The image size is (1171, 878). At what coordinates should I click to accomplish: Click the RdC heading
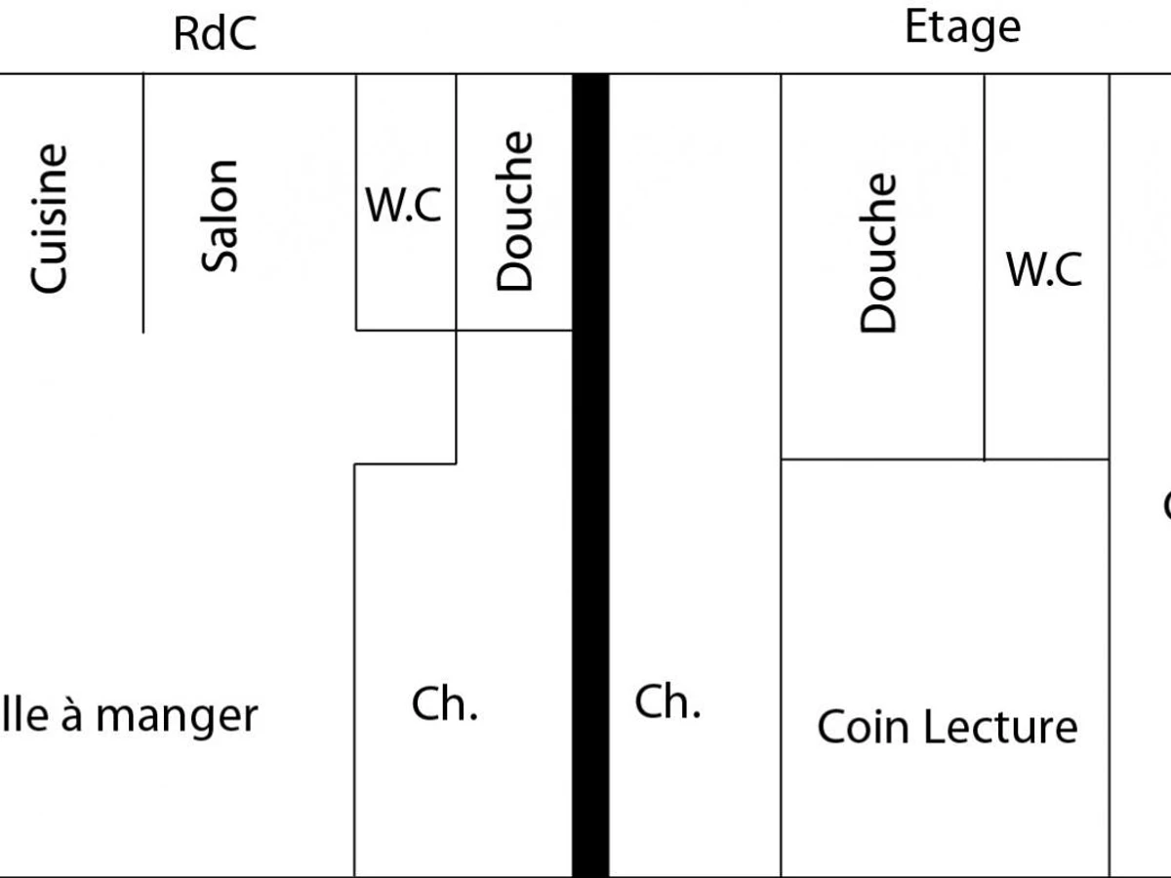(x=215, y=34)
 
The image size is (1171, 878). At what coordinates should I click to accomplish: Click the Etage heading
(x=962, y=28)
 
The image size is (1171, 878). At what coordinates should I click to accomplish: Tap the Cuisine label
(x=49, y=219)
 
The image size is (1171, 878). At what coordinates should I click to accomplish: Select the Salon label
(x=220, y=216)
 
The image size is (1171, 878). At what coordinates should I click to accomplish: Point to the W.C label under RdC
(x=403, y=206)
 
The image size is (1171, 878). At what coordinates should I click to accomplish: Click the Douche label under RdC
(x=515, y=212)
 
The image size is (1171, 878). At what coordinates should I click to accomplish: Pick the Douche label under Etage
(x=878, y=254)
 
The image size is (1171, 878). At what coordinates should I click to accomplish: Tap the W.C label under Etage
(x=1044, y=269)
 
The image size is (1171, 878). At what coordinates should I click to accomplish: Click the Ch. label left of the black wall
(x=444, y=704)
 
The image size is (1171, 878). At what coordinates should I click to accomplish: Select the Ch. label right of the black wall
(x=667, y=702)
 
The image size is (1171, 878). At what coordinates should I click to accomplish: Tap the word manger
(x=177, y=717)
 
